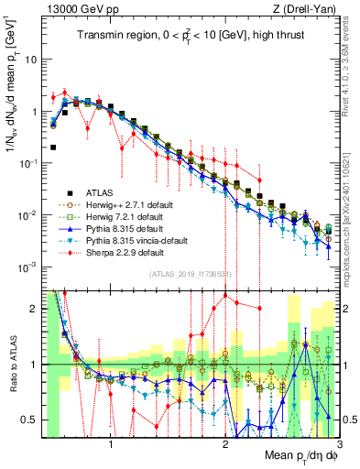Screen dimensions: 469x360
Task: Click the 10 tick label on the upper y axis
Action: pos(30,59)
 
